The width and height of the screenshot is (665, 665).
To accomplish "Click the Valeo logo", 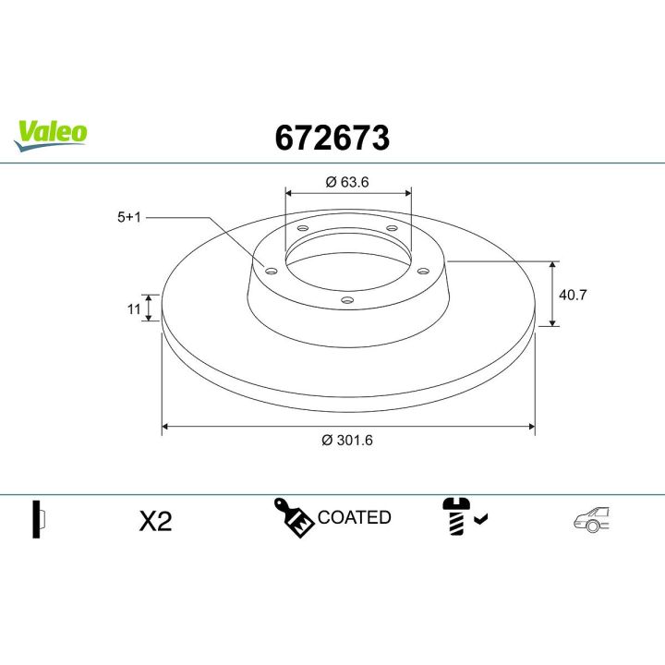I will pos(51,132).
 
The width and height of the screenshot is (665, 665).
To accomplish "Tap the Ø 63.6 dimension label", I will pos(347,182).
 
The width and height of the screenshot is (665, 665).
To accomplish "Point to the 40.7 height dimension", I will pos(574,295).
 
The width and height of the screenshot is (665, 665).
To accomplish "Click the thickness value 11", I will pos(133,308).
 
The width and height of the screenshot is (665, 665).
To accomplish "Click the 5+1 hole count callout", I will pos(128,218).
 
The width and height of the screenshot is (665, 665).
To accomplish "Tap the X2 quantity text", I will pos(155,521).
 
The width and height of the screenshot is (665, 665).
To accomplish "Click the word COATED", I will pos(354,517).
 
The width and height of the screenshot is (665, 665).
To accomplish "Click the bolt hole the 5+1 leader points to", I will pos(271,271).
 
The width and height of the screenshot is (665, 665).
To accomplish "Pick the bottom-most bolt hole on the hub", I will pos(346,298).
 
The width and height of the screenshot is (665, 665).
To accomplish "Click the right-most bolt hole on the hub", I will pos(423,271).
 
